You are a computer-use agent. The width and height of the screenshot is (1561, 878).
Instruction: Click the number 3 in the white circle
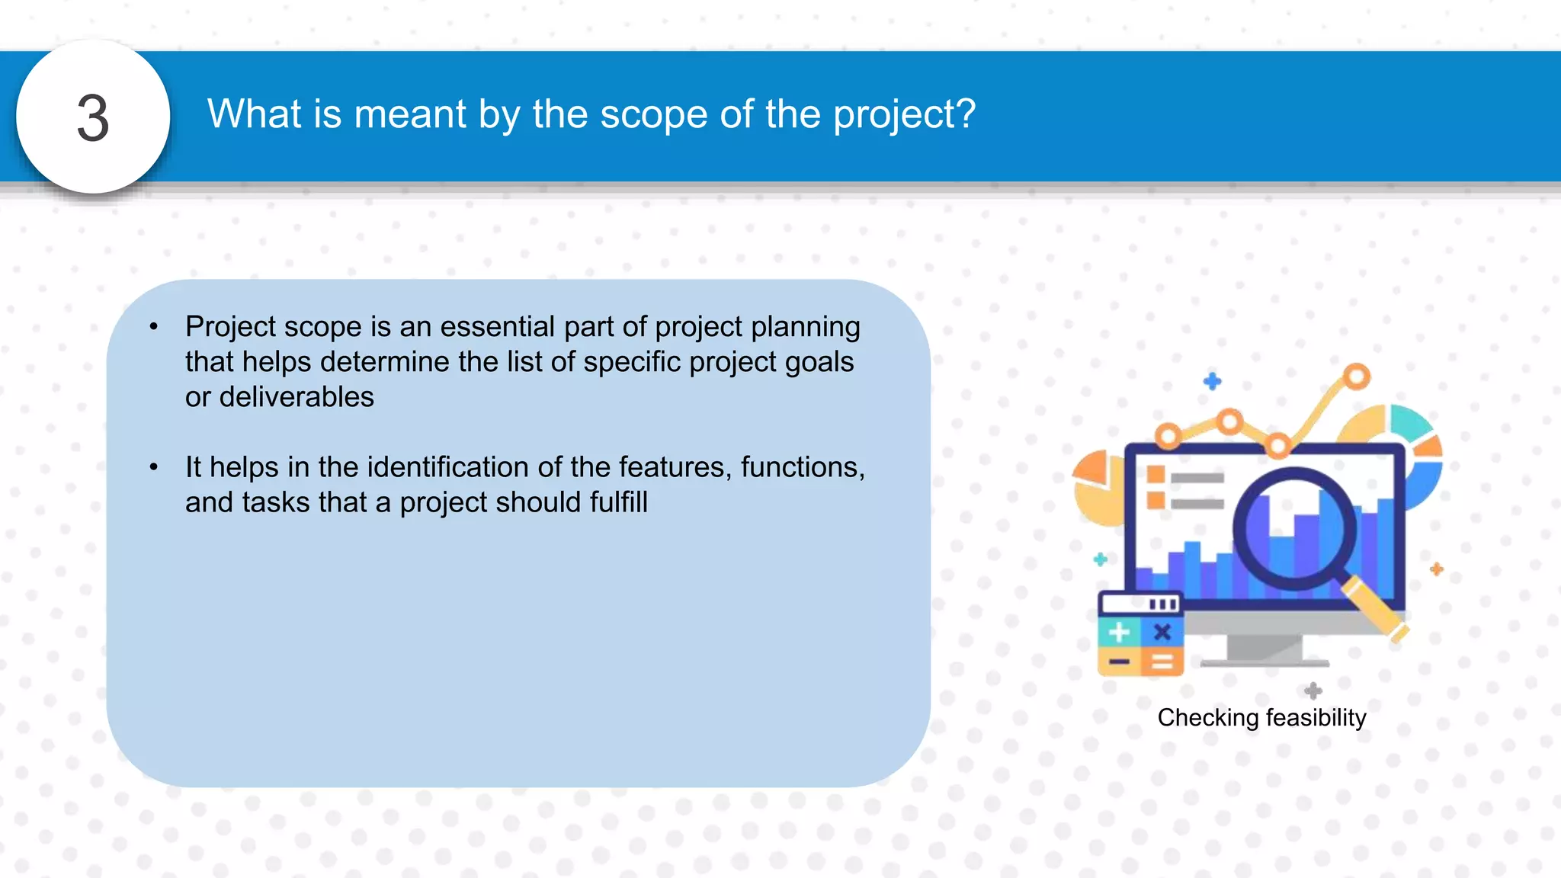pyautogui.click(x=93, y=119)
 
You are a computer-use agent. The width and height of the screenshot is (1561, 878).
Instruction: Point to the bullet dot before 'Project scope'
pyautogui.click(x=154, y=328)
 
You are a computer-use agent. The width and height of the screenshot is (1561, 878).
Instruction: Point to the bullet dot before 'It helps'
pyautogui.click(x=154, y=467)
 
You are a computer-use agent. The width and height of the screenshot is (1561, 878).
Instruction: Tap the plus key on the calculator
pyautogui.click(x=1119, y=632)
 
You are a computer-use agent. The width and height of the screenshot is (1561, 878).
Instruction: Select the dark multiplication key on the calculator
pyautogui.click(x=1162, y=632)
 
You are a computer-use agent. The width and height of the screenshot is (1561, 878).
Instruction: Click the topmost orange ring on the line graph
pyautogui.click(x=1356, y=377)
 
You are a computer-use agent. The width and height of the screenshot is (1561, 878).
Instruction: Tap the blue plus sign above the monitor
pyautogui.click(x=1212, y=381)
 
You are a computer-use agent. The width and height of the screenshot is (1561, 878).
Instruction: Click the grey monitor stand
pyautogui.click(x=1264, y=649)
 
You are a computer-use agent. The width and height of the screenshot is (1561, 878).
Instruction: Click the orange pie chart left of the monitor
pyautogui.click(x=1096, y=488)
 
